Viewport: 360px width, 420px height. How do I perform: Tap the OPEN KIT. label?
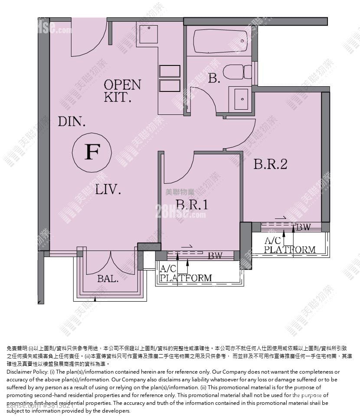point(122,90)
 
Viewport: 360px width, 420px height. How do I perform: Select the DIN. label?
point(72,121)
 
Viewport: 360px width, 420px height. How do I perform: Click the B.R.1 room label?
point(192,205)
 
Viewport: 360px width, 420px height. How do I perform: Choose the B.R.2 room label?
point(270,164)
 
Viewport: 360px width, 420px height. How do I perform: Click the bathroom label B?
point(214,78)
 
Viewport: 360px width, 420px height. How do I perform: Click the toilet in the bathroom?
point(237,72)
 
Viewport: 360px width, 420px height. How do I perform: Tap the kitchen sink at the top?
point(149,34)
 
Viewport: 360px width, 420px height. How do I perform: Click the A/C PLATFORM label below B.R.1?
point(186,273)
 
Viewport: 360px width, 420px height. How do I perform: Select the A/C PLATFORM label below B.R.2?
point(289,245)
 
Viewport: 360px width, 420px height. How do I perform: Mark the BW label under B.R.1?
point(215,256)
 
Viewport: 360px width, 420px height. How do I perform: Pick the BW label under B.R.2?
point(303,227)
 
